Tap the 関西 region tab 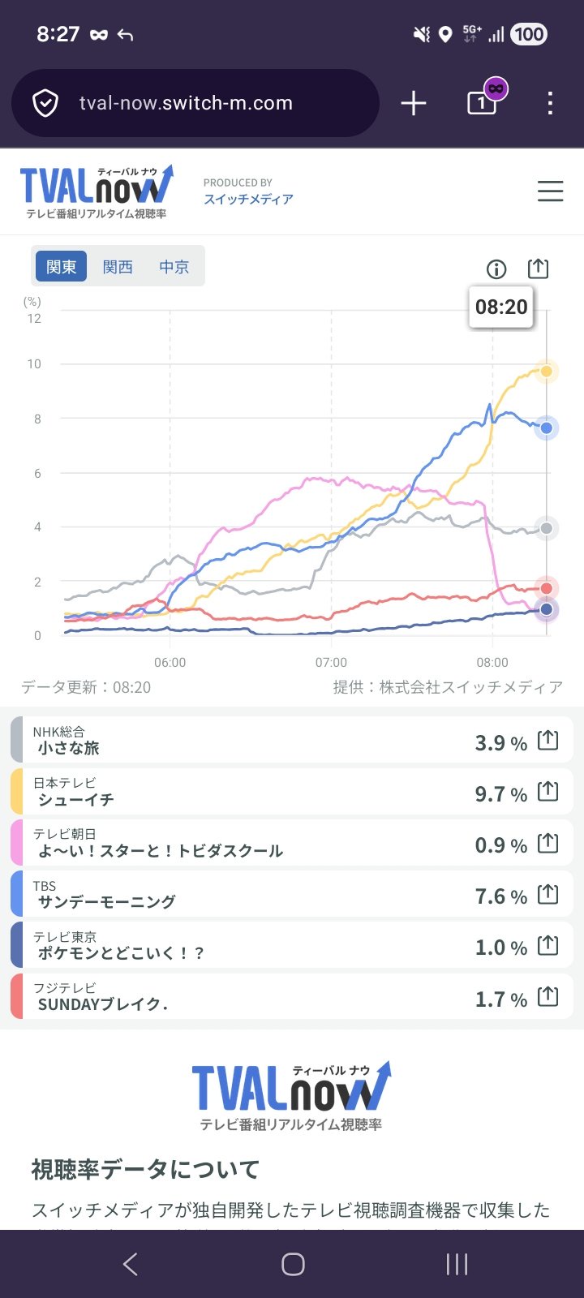(x=118, y=267)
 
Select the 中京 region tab (x=174, y=267)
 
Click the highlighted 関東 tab (x=61, y=267)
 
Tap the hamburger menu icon (x=550, y=191)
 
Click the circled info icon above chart (x=496, y=269)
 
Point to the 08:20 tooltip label (x=501, y=307)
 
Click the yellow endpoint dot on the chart (x=547, y=371)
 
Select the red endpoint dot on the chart (x=547, y=588)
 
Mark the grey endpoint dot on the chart (x=547, y=529)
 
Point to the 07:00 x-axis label (x=331, y=663)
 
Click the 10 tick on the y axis (x=34, y=364)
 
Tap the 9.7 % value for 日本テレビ (x=500, y=794)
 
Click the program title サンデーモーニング (x=106, y=901)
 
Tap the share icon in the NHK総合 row (x=548, y=741)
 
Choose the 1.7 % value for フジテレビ (x=500, y=999)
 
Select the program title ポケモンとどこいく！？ (x=121, y=953)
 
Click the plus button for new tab (x=414, y=103)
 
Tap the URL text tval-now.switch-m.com (x=186, y=103)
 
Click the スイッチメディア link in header (x=248, y=200)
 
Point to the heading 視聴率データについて (x=146, y=1169)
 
